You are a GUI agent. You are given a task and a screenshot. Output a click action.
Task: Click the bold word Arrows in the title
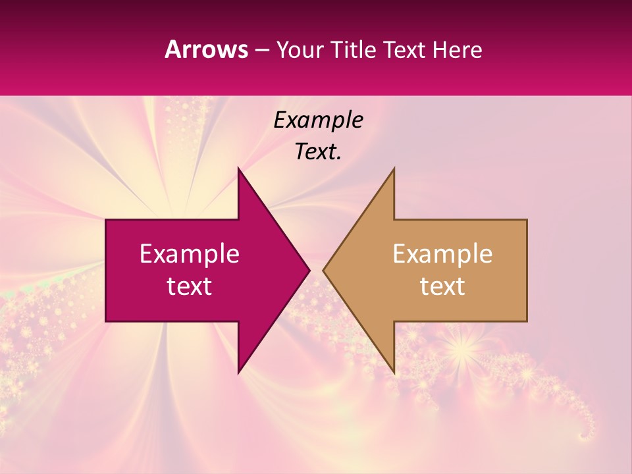coord(206,49)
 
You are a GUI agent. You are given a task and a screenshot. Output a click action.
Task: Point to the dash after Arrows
coord(261,51)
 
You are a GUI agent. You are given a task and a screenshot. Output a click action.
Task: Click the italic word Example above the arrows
coord(318,120)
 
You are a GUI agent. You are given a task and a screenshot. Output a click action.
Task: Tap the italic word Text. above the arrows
coord(318,152)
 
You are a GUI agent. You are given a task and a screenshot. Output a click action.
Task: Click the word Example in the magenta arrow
coord(190,253)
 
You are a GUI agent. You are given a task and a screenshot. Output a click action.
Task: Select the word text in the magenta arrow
coord(190,286)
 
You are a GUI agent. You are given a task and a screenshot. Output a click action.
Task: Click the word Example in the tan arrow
coord(442,253)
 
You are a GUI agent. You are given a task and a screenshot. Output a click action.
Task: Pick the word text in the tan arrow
coord(442,286)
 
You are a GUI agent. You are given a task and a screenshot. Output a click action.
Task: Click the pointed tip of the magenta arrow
coord(309,270)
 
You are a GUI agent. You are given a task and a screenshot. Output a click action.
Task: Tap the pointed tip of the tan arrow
coord(323,270)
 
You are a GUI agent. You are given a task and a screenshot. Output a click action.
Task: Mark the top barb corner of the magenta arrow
coord(238,169)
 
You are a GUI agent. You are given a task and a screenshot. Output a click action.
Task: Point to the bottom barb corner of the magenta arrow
coord(238,372)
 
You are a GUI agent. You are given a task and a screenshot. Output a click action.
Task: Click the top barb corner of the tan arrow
coord(394,169)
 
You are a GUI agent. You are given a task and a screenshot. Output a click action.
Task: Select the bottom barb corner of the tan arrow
coord(394,372)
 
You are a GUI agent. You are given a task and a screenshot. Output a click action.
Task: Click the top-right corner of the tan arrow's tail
coord(527,220)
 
